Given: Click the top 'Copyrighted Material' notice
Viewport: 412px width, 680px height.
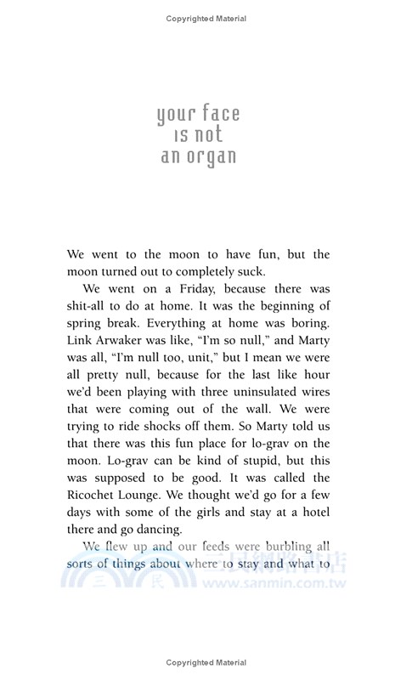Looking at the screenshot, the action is (x=206, y=17).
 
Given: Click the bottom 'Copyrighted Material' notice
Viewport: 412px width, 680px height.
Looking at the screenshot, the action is (x=206, y=662).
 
